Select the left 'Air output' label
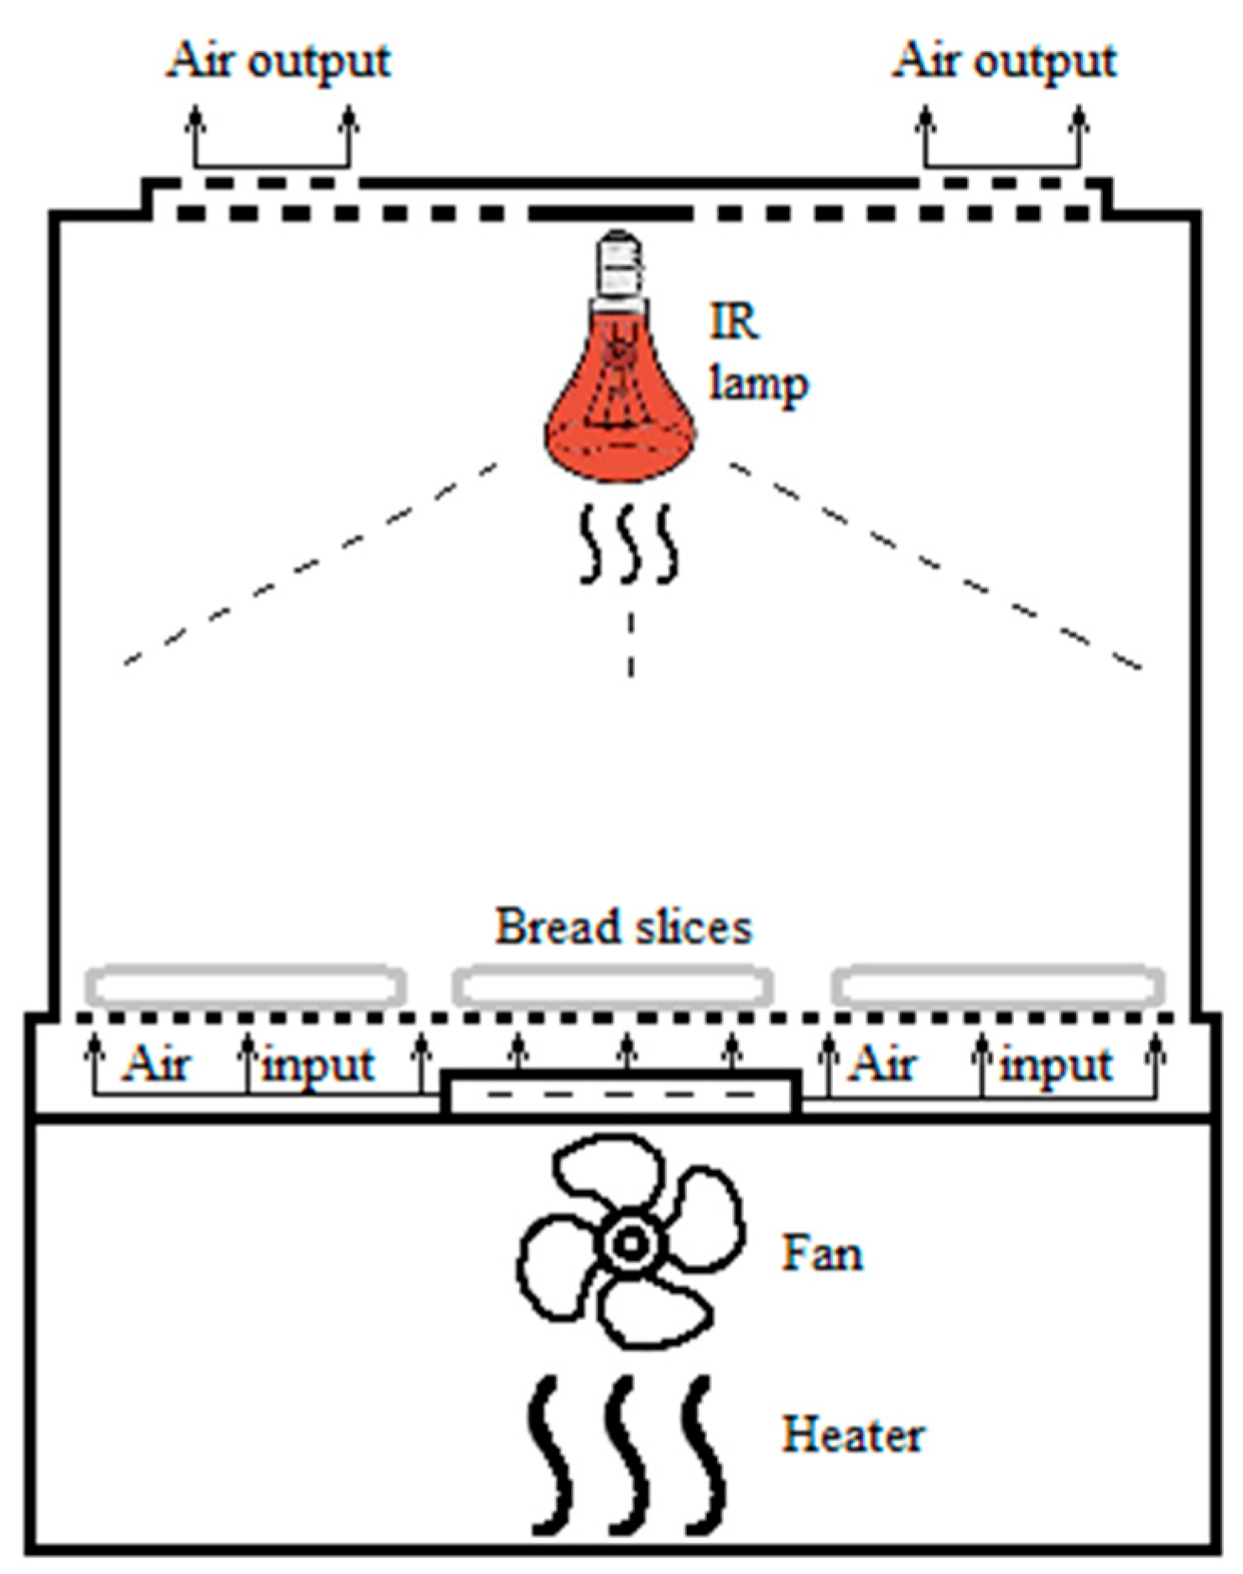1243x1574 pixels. pyautogui.click(x=278, y=61)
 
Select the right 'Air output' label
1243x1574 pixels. pyautogui.click(x=1004, y=61)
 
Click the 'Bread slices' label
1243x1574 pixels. pyautogui.click(x=623, y=927)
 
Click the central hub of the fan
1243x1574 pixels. pyautogui.click(x=629, y=1244)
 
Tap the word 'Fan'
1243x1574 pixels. pyautogui.click(x=822, y=1254)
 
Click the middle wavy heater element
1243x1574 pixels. pyautogui.click(x=627, y=1455)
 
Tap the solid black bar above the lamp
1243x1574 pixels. pyautogui.click(x=611, y=214)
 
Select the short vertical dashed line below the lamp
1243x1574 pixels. pyautogui.click(x=631, y=644)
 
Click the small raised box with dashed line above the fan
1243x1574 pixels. pyautogui.click(x=621, y=1093)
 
